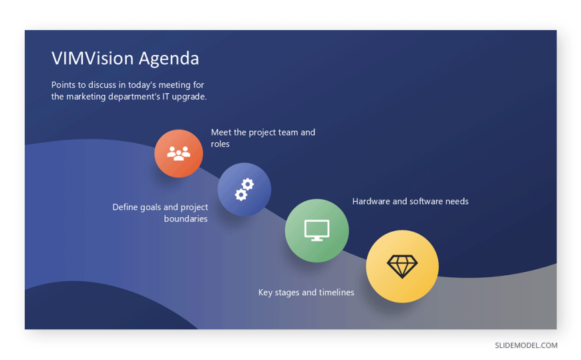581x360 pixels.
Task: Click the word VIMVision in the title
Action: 92,58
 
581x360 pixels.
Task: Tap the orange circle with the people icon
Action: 178,153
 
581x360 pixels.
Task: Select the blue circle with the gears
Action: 244,189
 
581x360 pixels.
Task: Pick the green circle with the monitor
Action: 317,230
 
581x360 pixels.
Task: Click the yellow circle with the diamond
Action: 402,266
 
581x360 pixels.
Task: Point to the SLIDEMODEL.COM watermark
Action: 526,345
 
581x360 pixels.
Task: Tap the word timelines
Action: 337,292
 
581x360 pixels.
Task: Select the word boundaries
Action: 186,219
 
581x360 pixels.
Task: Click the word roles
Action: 220,144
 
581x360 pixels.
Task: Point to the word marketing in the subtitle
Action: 86,97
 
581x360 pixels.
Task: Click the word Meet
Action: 221,132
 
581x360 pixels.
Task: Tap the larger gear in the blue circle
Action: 248,184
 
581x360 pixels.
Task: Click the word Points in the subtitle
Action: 63,85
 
